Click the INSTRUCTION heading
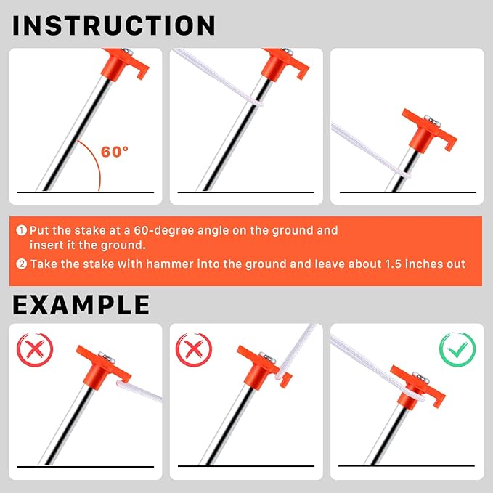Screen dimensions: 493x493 (114, 25)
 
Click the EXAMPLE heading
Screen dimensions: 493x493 (81, 304)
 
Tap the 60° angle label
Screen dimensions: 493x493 (114, 152)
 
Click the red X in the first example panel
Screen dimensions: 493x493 (35, 350)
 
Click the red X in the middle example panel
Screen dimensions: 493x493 (194, 350)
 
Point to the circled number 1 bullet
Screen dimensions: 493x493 (22, 231)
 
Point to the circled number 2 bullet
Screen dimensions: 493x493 (22, 264)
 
